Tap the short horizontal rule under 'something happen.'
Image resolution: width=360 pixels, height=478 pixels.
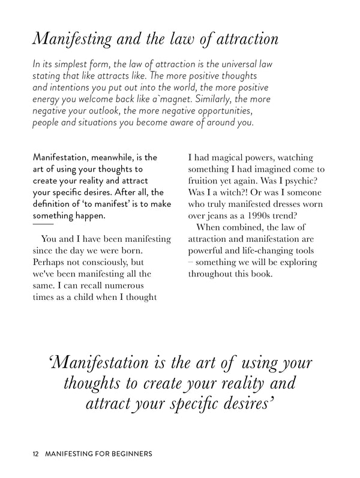pos(43,224)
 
